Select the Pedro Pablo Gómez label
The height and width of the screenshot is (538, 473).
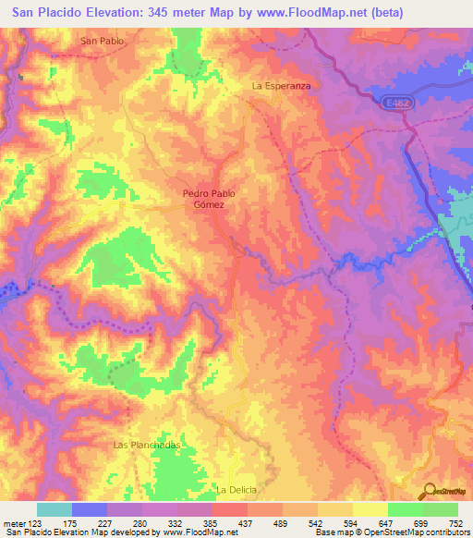click(210, 199)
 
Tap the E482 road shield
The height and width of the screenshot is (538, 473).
click(395, 106)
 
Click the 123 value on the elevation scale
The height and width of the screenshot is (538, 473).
click(36, 523)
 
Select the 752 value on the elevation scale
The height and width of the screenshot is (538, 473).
click(456, 523)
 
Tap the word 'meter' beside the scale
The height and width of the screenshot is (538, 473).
click(14, 523)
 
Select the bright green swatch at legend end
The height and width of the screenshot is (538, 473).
click(440, 509)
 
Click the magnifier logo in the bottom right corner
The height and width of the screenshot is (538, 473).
click(428, 493)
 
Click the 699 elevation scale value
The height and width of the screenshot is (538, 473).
click(422, 523)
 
